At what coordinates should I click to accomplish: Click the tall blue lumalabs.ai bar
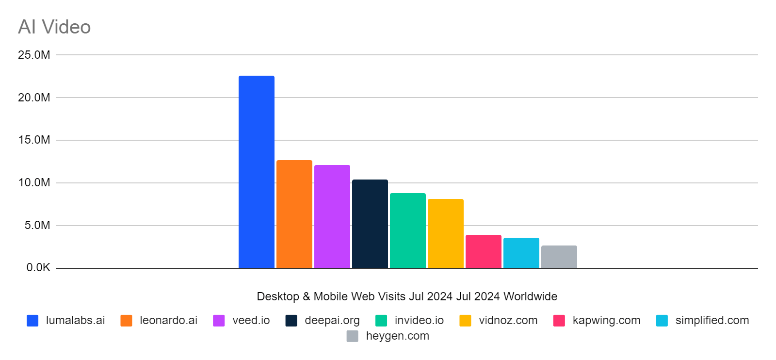click(256, 172)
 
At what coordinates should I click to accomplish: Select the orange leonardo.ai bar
click(294, 214)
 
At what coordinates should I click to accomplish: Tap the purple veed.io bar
click(332, 216)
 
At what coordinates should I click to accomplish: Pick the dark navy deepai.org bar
click(370, 224)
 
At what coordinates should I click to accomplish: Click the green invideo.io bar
click(407, 230)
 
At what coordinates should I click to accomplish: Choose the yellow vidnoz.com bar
click(445, 233)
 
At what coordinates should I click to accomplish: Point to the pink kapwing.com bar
click(483, 251)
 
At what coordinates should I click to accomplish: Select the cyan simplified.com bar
click(521, 253)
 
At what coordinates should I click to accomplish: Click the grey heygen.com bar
click(559, 257)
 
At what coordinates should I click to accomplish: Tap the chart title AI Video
click(54, 27)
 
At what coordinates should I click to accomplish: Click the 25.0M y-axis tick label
click(34, 55)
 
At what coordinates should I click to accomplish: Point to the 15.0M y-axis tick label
click(34, 140)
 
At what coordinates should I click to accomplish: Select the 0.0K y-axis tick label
click(38, 268)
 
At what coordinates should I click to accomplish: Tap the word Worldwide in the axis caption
click(530, 296)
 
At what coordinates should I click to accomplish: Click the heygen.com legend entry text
click(397, 336)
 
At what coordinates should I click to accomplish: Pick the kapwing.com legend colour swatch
click(559, 321)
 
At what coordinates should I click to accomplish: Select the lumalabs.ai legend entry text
click(75, 320)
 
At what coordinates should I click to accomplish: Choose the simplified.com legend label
click(712, 320)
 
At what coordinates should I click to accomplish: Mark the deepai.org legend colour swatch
click(291, 321)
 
